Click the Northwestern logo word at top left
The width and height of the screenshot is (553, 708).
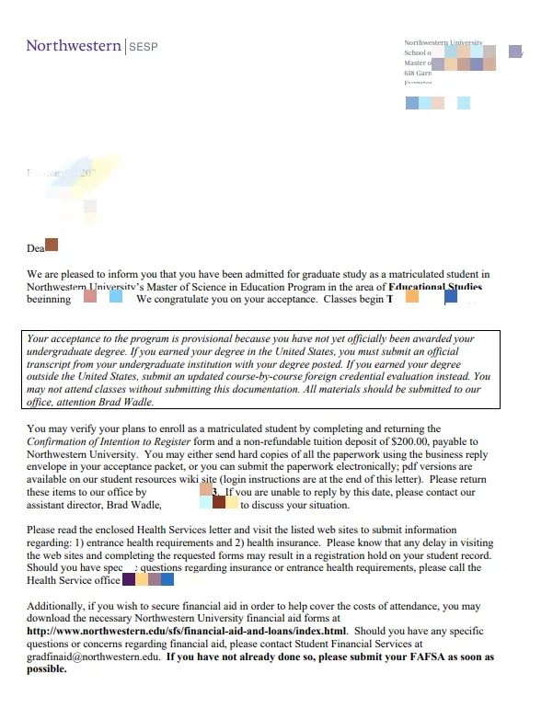[x=73, y=45]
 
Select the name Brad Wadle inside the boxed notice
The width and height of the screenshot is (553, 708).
[x=123, y=402]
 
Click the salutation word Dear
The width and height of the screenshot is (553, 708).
[x=36, y=247]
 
